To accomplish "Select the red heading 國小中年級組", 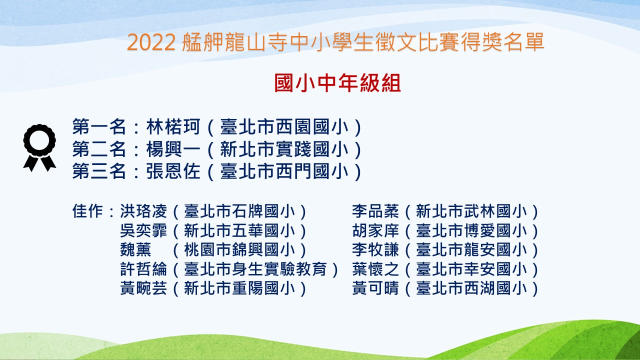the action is pos(337,83).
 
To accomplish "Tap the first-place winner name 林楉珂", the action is pos(173,127).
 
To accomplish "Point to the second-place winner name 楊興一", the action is pos(173,149).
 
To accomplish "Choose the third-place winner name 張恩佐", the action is pos(173,171).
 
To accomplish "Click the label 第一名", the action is pos(99,127).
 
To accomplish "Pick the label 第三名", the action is pos(99,171).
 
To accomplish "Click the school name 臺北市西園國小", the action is pos(284,127).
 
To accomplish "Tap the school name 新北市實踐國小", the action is pos(284,149).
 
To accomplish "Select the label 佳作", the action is pos(87,211).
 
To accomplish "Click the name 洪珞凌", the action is pos(143,211).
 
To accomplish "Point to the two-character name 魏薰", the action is pos(135,250).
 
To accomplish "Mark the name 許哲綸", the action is pos(143,269).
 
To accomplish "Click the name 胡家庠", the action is pos(375,231).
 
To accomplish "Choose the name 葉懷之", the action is pos(375,269).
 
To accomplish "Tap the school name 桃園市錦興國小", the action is pos(239,250).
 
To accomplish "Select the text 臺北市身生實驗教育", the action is pos(255,269).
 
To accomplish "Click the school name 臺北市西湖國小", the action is pos(471,288).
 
